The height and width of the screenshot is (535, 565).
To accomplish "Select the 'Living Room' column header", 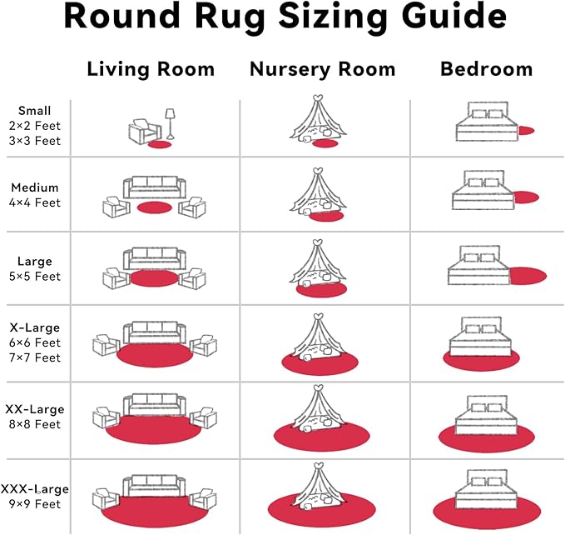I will tap(151, 69).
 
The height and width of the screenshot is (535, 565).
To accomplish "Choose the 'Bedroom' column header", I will tap(485, 69).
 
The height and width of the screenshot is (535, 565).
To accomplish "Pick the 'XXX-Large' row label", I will tap(35, 488).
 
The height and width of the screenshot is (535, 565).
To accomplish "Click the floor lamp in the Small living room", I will tap(170, 123).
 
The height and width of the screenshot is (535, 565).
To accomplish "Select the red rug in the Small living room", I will tap(158, 144).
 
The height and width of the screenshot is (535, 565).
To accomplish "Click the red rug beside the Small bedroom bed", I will tap(526, 131).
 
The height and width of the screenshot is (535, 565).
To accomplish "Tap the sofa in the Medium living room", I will tap(154, 187).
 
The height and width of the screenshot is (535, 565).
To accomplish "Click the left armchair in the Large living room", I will tap(115, 279).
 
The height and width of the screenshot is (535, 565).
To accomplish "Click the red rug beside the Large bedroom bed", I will tap(528, 274).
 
